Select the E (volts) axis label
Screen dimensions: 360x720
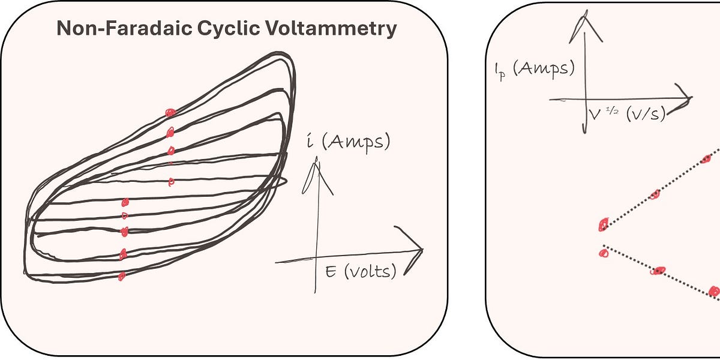pos(361,272)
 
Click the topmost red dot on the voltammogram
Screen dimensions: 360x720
pos(170,112)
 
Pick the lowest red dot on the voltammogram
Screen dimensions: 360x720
pos(121,276)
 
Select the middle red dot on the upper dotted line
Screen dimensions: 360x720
pos(655,194)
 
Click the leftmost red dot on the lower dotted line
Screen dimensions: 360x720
pos(604,253)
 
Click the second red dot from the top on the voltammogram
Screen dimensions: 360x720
pos(170,133)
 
